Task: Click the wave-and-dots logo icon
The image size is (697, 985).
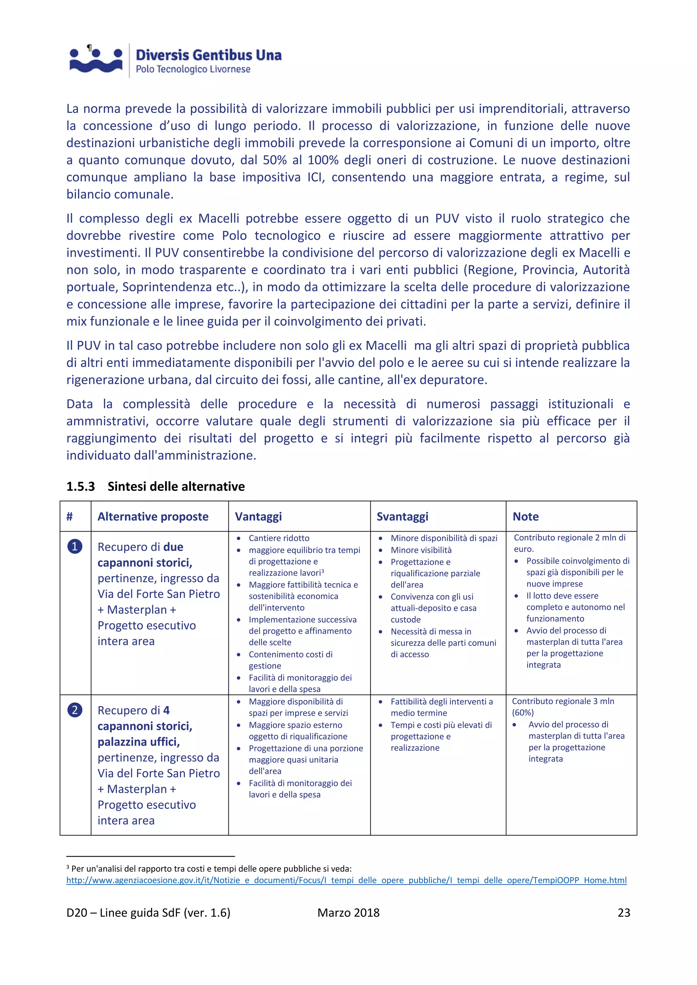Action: (96, 61)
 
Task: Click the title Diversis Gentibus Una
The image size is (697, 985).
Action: (209, 55)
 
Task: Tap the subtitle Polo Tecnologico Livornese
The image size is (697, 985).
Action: (193, 69)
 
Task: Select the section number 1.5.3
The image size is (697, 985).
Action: (80, 486)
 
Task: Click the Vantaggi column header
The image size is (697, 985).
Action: (258, 517)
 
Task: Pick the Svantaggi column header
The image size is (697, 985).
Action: (402, 517)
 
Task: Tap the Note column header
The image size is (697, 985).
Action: (525, 517)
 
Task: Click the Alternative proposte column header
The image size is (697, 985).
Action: (153, 517)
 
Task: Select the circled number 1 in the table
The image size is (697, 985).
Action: (75, 547)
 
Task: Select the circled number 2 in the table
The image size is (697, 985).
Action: (75, 710)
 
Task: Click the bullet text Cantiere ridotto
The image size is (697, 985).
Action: (279, 538)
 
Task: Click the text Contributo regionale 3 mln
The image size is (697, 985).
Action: (563, 701)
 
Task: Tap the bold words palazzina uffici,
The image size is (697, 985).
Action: (138, 742)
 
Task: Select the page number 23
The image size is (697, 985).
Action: (623, 913)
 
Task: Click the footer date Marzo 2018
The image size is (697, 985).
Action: (348, 913)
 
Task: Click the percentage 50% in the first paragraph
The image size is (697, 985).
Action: (275, 160)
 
